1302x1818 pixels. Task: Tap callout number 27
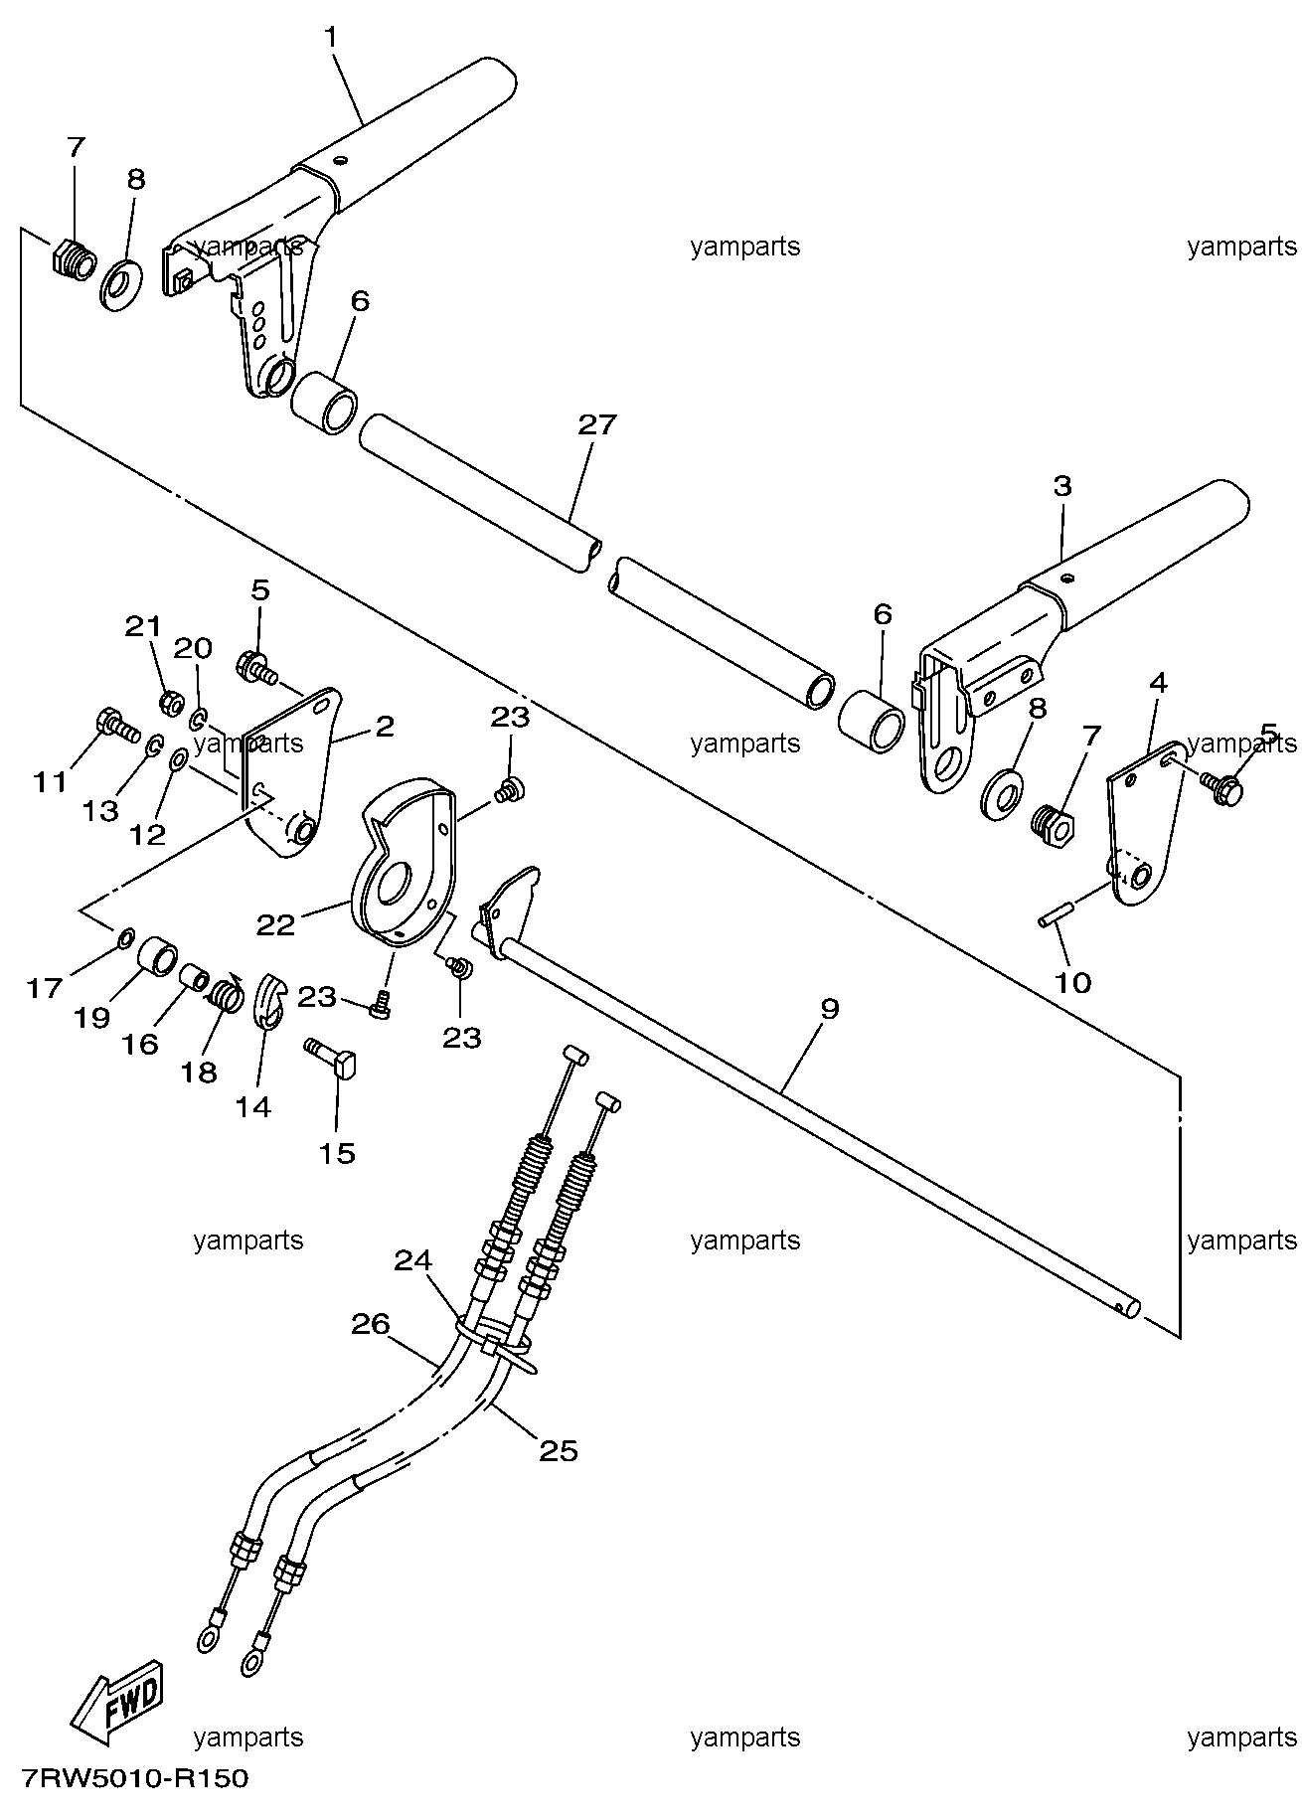tap(597, 425)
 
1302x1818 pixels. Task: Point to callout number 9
tap(830, 1009)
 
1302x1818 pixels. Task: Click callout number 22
tap(276, 925)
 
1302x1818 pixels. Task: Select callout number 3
tap(1062, 487)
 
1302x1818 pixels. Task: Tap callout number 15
tap(337, 1154)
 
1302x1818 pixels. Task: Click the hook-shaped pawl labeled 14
tap(268, 1002)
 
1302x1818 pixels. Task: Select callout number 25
tap(558, 1451)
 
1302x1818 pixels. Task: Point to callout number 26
tap(370, 1324)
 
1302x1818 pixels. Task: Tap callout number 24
tap(413, 1260)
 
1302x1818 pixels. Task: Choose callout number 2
tap(385, 726)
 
